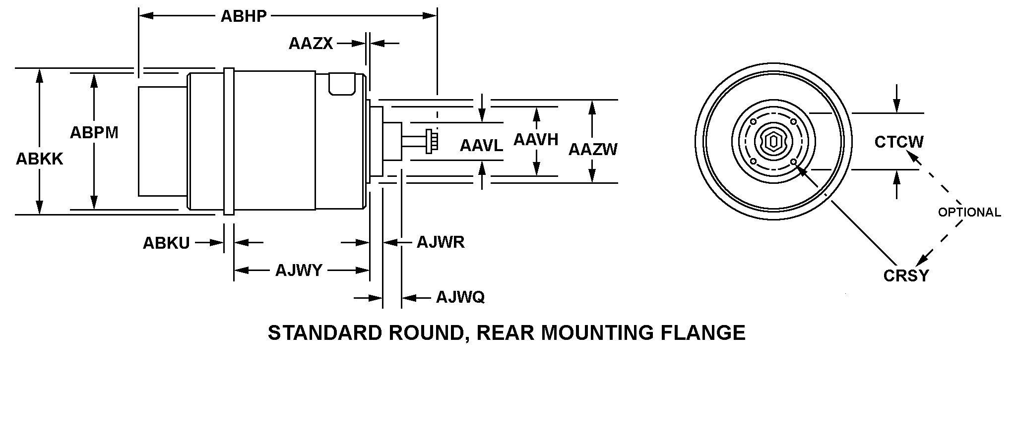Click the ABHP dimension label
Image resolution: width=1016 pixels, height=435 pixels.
(x=244, y=16)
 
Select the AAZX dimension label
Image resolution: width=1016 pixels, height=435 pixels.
(x=311, y=44)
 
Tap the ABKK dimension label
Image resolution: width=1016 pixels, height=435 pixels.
(x=40, y=159)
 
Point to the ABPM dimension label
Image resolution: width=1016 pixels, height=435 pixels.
(x=94, y=133)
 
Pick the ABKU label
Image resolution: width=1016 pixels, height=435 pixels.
(x=166, y=243)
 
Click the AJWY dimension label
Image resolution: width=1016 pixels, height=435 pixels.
(x=299, y=271)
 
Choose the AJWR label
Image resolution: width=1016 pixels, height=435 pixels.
(x=441, y=242)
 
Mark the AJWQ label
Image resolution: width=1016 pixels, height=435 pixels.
(x=460, y=297)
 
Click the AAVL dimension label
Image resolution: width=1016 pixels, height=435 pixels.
(x=481, y=146)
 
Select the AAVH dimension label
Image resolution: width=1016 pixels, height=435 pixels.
(x=536, y=140)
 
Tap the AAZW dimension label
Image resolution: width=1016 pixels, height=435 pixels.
(x=593, y=149)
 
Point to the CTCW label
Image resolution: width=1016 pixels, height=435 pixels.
(x=899, y=142)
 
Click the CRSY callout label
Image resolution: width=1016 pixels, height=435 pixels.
(x=906, y=275)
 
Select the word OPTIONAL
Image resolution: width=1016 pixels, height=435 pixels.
(x=969, y=213)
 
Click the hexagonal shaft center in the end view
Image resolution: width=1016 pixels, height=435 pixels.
(x=773, y=142)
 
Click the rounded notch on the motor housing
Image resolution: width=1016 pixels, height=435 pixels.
(x=343, y=84)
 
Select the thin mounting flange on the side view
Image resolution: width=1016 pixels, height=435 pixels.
(x=229, y=142)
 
